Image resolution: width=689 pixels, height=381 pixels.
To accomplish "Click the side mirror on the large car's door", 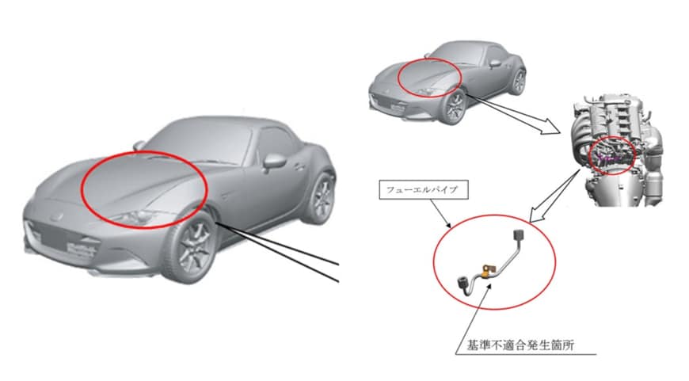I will [x=274, y=161].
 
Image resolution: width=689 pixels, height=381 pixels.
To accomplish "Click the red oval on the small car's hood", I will [x=428, y=78].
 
